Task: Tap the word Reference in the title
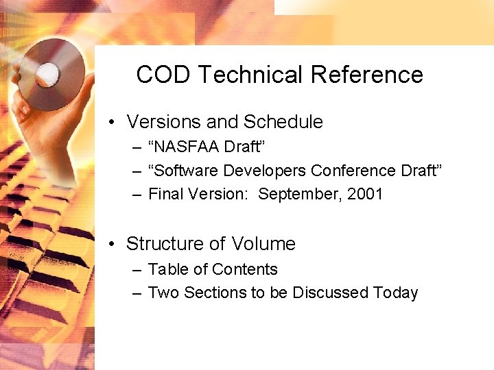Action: pos(367,75)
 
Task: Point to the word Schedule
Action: pos(281,122)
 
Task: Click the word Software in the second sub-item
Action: pos(183,171)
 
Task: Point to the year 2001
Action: pos(365,195)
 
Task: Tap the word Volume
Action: pos(263,244)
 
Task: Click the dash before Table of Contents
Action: pos(137,270)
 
